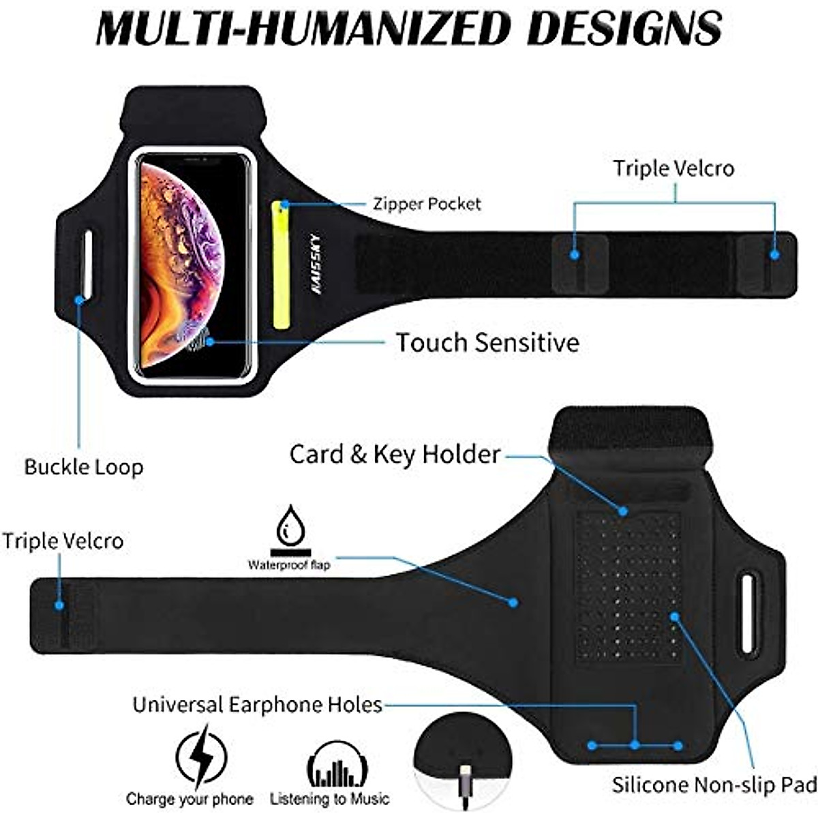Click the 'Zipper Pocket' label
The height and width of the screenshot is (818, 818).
click(x=427, y=204)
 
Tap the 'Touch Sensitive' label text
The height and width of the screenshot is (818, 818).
click(x=487, y=342)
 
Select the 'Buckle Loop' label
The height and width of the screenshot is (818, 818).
click(x=84, y=467)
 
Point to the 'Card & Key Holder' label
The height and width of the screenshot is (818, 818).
click(x=395, y=454)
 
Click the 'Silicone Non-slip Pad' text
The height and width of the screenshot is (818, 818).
click(x=714, y=785)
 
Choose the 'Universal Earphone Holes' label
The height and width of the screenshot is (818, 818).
click(x=257, y=704)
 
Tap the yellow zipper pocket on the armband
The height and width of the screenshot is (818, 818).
click(x=280, y=264)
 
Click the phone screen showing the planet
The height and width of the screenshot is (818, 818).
click(x=193, y=262)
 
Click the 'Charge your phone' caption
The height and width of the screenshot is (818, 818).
click(x=190, y=799)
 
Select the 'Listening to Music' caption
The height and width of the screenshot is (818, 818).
click(x=329, y=799)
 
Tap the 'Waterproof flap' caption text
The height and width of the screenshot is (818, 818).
click(x=288, y=564)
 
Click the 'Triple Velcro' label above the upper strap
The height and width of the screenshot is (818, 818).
click(x=673, y=168)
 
